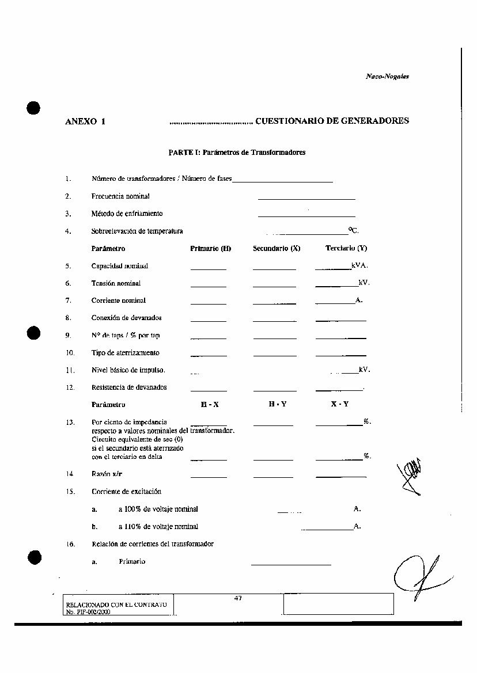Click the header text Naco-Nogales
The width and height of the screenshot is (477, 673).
(387, 77)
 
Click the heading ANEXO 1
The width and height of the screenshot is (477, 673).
(85, 121)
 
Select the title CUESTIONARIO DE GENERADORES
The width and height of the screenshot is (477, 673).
(332, 121)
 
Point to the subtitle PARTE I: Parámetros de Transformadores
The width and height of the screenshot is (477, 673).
(237, 153)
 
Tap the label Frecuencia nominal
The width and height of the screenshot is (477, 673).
(120, 196)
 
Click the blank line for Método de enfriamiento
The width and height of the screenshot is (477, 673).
(306, 216)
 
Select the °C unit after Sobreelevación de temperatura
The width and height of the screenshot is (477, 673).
(353, 231)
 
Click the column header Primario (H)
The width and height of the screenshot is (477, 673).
(210, 249)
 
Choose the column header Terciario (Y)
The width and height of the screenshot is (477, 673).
(346, 249)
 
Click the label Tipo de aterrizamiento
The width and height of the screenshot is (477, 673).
(126, 353)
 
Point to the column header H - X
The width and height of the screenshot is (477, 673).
(210, 405)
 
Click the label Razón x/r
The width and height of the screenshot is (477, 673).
(107, 474)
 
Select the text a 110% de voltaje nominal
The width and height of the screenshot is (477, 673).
(158, 526)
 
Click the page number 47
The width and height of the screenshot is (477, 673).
(238, 598)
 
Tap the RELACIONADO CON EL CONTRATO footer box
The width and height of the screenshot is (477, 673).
(118, 605)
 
